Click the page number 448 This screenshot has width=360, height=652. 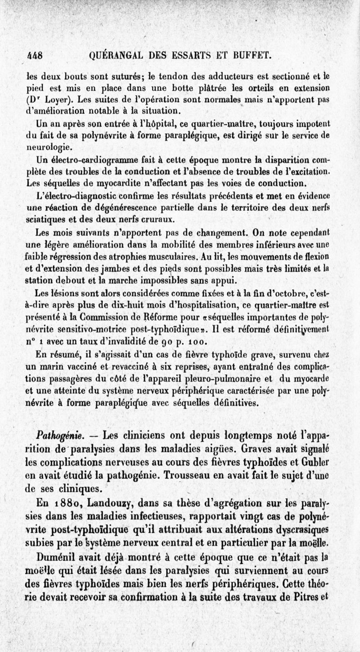[33, 56]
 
